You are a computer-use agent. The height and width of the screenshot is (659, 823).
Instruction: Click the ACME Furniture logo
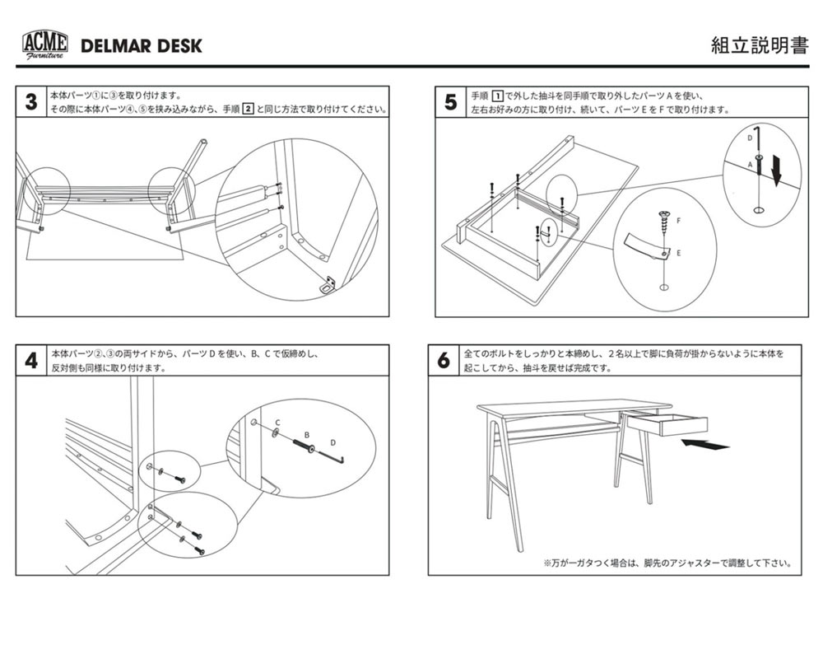(x=44, y=44)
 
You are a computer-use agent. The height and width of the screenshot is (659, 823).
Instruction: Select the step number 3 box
(x=30, y=102)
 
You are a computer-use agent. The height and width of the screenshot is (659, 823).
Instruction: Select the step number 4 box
(x=30, y=361)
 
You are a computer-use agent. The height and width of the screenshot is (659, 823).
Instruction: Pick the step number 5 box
(x=450, y=102)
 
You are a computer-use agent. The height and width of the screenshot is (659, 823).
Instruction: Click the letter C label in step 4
(x=277, y=423)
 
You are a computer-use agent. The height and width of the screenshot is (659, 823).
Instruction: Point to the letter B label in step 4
(x=306, y=434)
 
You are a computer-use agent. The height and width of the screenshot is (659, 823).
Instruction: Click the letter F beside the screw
(x=679, y=222)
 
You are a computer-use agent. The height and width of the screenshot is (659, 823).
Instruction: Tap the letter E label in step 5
(x=678, y=254)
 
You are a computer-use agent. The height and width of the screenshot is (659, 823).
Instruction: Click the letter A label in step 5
(x=750, y=165)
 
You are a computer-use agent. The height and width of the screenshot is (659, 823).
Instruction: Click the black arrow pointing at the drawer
(x=706, y=446)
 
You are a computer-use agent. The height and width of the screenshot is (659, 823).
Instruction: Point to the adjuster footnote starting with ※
(x=667, y=564)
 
